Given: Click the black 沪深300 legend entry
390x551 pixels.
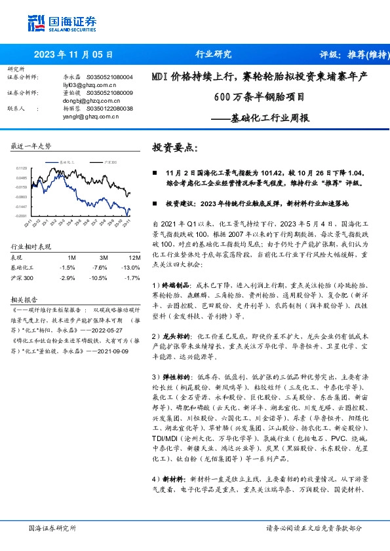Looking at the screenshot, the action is click(x=109, y=160).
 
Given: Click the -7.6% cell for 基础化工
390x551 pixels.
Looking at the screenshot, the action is click(x=100, y=268).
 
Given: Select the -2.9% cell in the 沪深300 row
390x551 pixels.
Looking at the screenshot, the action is click(x=67, y=278).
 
